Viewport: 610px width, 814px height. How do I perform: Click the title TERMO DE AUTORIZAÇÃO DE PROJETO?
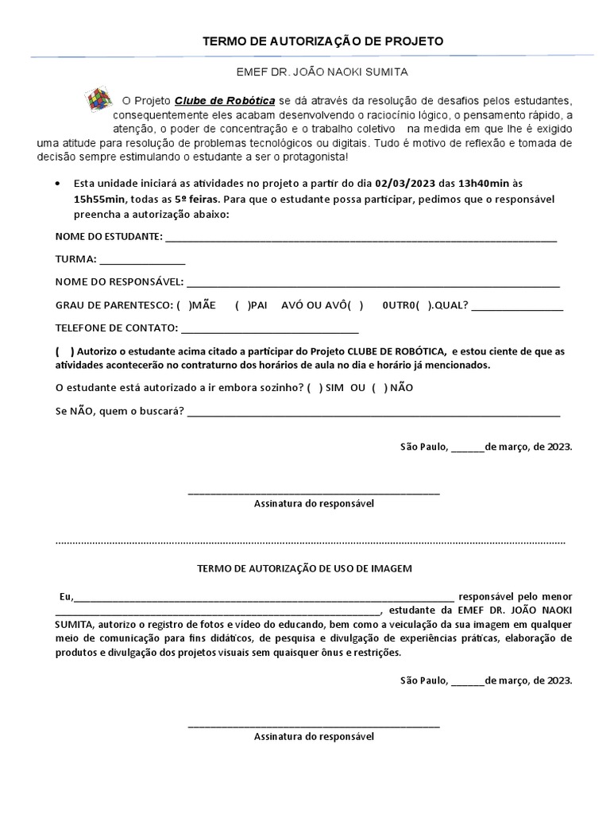pyautogui.click(x=322, y=41)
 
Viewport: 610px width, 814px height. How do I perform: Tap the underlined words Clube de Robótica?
pyautogui.click(x=225, y=100)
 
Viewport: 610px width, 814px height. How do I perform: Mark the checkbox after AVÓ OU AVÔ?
pyautogui.click(x=354, y=305)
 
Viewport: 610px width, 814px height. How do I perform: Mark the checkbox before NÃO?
pyautogui.click(x=379, y=387)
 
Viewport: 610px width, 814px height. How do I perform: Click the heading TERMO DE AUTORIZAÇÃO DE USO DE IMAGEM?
pyautogui.click(x=305, y=568)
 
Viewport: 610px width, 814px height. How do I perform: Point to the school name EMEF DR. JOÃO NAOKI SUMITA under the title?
pyautogui.click(x=322, y=72)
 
